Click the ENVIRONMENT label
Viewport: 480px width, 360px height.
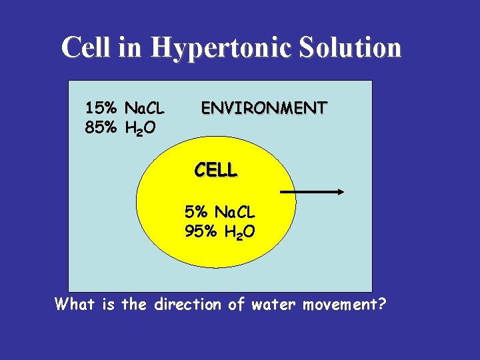pyautogui.click(x=264, y=107)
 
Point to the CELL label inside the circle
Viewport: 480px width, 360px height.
pyautogui.click(x=215, y=170)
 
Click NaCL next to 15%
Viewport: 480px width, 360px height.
pyautogui.click(x=145, y=108)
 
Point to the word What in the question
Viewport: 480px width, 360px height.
pyautogui.click(x=75, y=305)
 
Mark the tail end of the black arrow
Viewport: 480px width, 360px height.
pyautogui.click(x=281, y=192)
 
